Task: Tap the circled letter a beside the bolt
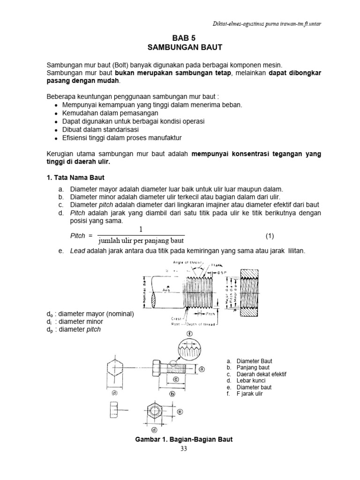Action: click(202, 369)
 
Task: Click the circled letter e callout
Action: click(180, 411)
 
